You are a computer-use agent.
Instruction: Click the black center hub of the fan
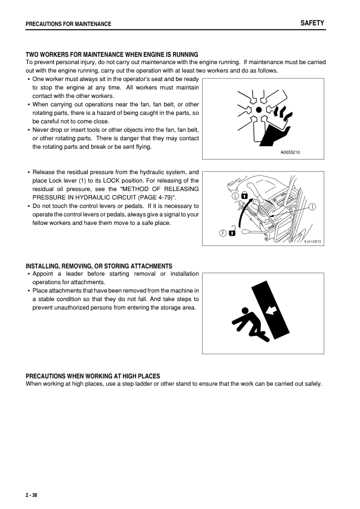tap(259, 110)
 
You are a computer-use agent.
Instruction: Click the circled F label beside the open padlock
tap(223, 234)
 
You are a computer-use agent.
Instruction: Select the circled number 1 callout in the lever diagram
tap(313, 207)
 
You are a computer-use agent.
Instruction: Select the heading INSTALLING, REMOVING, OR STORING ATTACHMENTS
tap(99, 267)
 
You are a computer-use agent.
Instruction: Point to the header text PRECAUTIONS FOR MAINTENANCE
tap(68, 24)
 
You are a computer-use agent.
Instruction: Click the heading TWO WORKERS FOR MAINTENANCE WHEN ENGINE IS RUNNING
tap(112, 55)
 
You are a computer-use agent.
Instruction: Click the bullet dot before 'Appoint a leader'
tap(28, 274)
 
